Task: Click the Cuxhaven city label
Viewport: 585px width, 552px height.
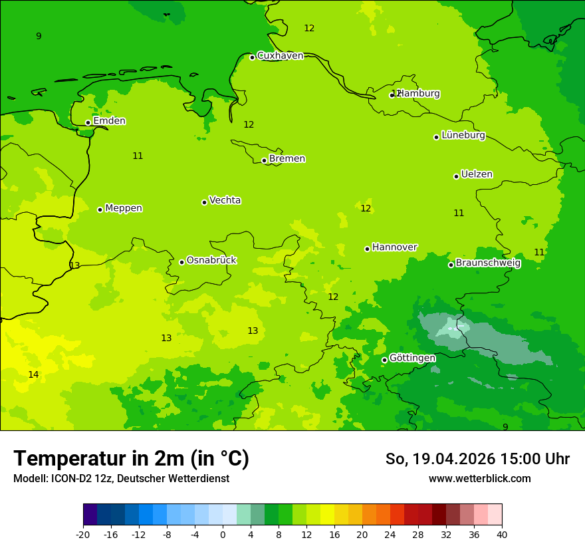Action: point(280,56)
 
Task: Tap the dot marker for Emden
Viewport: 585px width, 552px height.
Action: point(88,122)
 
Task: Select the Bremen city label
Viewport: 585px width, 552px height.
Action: point(287,159)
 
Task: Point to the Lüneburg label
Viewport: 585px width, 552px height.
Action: point(463,135)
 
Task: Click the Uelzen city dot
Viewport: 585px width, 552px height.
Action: point(456,176)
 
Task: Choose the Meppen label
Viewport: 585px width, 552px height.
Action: point(124,208)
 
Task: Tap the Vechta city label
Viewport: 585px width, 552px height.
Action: point(225,200)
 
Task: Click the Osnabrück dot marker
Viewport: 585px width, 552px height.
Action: point(181,262)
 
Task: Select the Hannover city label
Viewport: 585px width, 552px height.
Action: point(394,247)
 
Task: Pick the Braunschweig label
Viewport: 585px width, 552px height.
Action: point(488,263)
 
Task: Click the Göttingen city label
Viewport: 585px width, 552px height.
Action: point(412,358)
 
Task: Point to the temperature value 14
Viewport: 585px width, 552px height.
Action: point(33,375)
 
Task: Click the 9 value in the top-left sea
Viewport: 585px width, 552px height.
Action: point(39,36)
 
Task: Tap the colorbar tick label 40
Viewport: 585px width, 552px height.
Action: point(501,534)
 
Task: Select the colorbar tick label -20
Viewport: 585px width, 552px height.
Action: point(83,534)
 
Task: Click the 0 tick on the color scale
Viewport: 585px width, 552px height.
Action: point(223,534)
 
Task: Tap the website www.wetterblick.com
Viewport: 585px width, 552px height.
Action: point(479,479)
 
